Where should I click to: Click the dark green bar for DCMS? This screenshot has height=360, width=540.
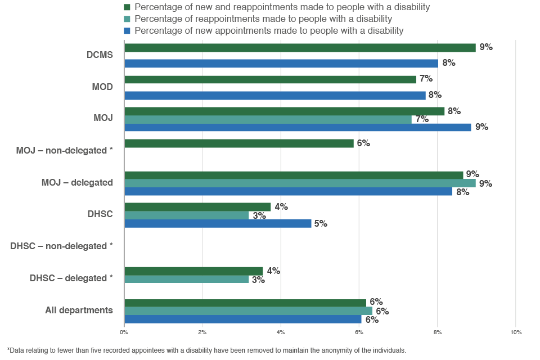click(x=300, y=48)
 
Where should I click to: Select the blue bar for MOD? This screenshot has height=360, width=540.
click(x=275, y=96)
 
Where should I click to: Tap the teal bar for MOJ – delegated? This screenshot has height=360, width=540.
click(x=300, y=183)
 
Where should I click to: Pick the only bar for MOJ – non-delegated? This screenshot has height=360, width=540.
click(x=239, y=143)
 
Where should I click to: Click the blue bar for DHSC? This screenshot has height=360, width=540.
click(x=218, y=223)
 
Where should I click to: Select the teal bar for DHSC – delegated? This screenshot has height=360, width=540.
click(x=186, y=279)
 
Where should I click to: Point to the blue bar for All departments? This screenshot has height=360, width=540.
click(x=242, y=319)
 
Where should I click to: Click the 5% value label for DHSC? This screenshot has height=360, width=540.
click(x=321, y=223)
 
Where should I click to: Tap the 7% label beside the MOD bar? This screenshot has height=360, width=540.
click(x=426, y=79)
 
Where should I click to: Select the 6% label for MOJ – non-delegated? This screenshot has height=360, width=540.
click(x=363, y=143)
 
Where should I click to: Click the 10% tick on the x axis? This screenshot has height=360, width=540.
click(x=515, y=332)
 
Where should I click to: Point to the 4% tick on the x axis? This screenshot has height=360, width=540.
click(x=281, y=332)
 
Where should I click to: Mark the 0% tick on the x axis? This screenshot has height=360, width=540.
click(x=124, y=332)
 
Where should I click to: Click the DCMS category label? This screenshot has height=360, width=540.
click(x=100, y=55)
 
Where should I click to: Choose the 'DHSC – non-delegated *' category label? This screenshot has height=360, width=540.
click(x=61, y=246)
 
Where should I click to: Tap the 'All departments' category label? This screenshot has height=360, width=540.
click(x=79, y=310)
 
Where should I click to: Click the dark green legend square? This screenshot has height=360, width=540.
click(x=127, y=7)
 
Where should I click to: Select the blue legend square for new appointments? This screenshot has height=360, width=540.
click(x=127, y=30)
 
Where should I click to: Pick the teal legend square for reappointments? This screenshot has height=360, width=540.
click(x=127, y=19)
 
